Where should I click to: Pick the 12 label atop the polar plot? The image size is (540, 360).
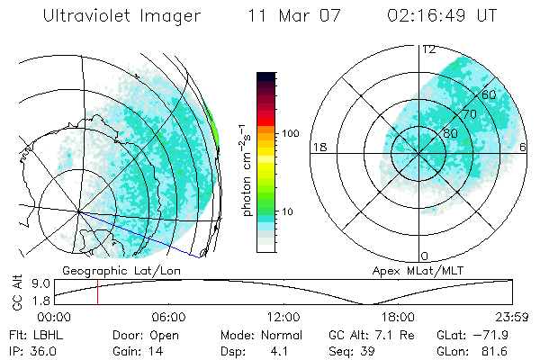[x=429, y=49]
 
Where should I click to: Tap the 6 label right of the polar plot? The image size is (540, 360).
[x=523, y=147]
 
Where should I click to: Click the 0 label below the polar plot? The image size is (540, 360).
[x=426, y=256]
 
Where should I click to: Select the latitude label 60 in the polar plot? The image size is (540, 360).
[x=490, y=94]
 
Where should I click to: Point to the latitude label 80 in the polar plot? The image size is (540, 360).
[x=450, y=133]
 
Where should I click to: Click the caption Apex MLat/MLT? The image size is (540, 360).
[x=409, y=270]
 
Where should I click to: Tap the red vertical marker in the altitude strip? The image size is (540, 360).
[x=97, y=292]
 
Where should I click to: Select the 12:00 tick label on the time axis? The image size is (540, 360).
[x=283, y=317]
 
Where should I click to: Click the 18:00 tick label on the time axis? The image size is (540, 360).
[x=398, y=317]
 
